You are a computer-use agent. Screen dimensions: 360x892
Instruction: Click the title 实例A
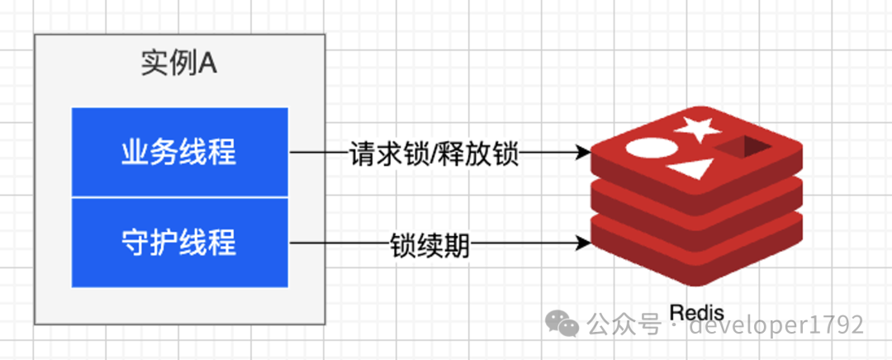[178, 64]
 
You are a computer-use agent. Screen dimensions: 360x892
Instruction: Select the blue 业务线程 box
[179, 153]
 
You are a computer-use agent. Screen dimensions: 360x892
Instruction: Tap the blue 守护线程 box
[179, 243]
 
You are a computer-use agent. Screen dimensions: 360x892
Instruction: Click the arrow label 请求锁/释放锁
[434, 153]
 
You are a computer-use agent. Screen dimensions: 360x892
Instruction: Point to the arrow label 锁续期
[430, 244]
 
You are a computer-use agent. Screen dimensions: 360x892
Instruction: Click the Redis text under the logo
[697, 313]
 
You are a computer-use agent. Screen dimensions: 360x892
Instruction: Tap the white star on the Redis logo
[697, 130]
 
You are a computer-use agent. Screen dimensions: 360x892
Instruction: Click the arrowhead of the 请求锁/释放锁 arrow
[584, 153]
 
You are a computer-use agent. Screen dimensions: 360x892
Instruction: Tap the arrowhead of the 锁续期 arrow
[584, 244]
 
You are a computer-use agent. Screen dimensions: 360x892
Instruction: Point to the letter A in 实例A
[208, 64]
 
